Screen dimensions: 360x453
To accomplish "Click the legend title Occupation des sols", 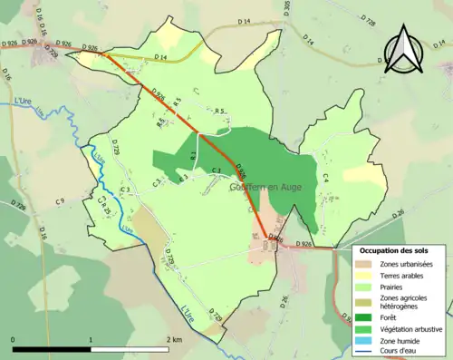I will click(394, 250).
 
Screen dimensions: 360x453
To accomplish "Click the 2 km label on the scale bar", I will click(174, 339).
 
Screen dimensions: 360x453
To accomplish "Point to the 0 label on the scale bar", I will click(14, 339).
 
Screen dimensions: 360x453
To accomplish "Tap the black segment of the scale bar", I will click(53, 349).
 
